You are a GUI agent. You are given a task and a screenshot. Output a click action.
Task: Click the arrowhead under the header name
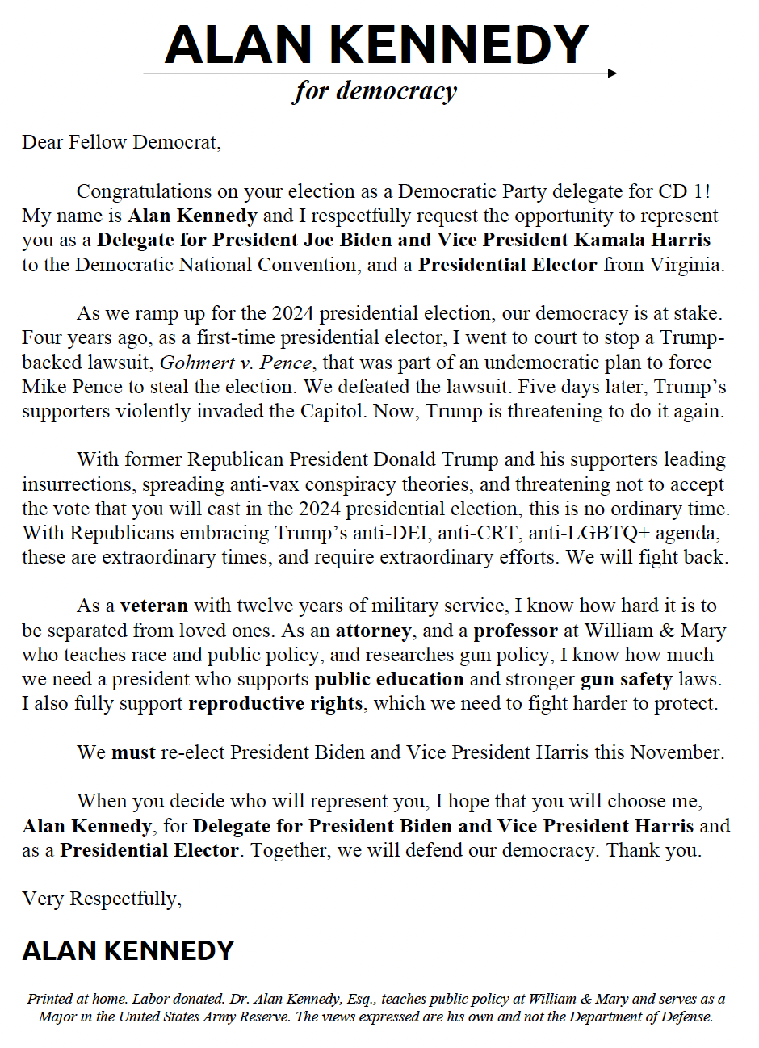tap(612, 73)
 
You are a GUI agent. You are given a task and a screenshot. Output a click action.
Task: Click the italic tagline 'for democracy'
tap(375, 91)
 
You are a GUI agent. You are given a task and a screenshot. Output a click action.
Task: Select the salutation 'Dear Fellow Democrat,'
tap(121, 143)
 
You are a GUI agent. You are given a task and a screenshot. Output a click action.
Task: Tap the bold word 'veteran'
tap(153, 606)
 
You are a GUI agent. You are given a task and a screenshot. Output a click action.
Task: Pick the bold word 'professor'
tap(515, 631)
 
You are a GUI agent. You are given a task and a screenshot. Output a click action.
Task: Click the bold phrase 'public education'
tap(388, 680)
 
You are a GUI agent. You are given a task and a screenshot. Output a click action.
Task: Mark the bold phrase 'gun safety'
tap(626, 680)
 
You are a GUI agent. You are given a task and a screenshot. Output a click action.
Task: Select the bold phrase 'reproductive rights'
tap(275, 704)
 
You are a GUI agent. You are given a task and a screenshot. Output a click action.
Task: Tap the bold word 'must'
tap(133, 753)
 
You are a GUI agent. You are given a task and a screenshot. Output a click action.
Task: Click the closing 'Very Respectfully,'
tap(102, 899)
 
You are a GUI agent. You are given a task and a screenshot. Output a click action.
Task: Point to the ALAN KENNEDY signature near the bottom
tap(128, 950)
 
